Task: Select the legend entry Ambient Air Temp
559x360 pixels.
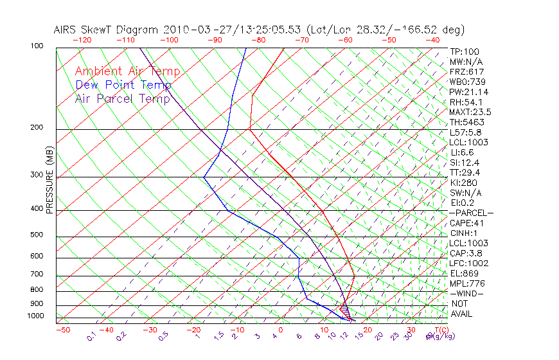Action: click(127, 71)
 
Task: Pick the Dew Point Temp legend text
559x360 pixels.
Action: click(123, 85)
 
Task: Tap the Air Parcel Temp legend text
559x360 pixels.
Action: click(122, 98)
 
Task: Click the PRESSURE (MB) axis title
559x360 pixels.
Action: click(49, 181)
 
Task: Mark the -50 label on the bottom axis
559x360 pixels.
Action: click(62, 330)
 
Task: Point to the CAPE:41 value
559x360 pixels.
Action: click(466, 223)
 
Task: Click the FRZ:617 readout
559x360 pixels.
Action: click(466, 72)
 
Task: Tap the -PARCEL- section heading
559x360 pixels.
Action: click(471, 213)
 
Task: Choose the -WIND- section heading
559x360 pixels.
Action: click(466, 293)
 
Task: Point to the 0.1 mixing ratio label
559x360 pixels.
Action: click(92, 336)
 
